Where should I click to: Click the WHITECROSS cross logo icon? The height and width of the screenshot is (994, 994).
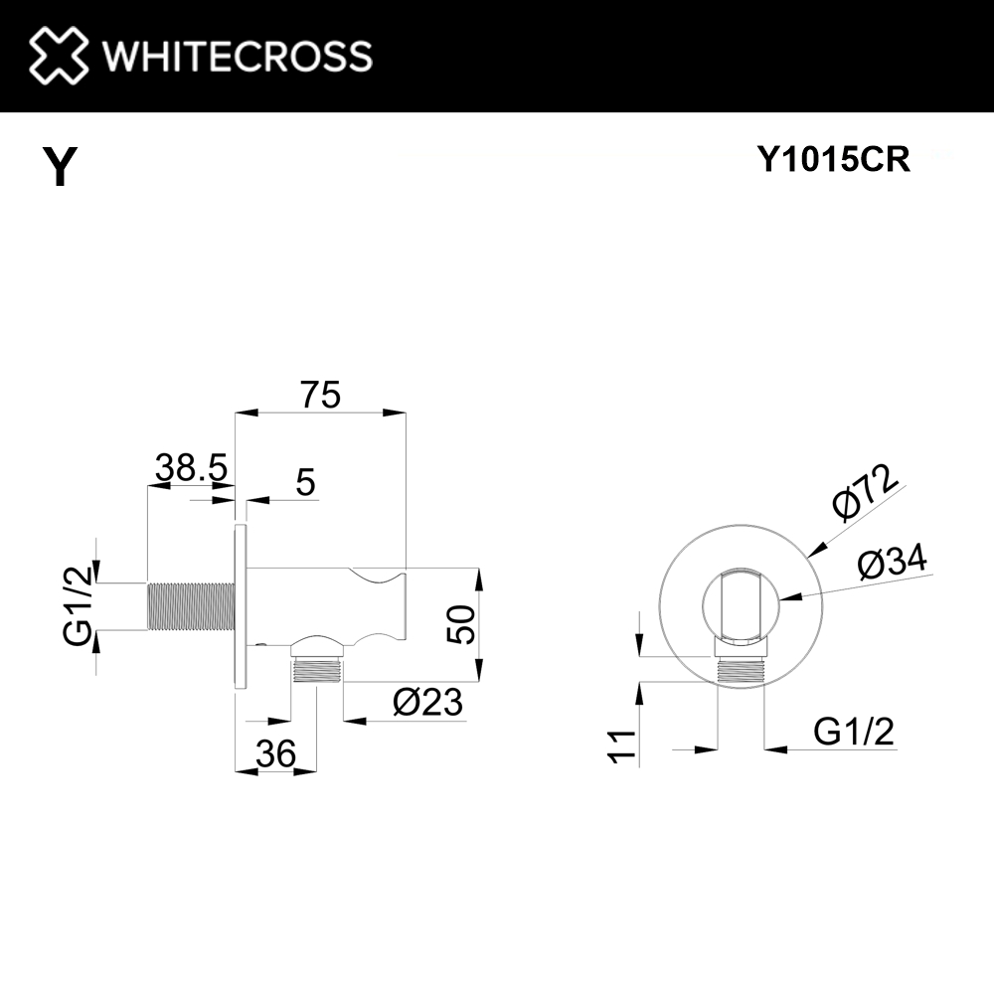coord(59,55)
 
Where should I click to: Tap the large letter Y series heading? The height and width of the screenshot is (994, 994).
coord(60,167)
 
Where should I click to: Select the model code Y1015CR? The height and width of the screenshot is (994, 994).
coord(834,160)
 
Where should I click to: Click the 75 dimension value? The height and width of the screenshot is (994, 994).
coord(321,395)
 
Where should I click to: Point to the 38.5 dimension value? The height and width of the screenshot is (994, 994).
coord(191,466)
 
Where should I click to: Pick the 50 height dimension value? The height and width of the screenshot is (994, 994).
coord(464,624)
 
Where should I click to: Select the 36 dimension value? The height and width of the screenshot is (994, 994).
coord(275,754)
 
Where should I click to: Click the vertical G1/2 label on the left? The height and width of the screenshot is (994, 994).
coord(78,606)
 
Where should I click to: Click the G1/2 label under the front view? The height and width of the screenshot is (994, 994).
coord(854,733)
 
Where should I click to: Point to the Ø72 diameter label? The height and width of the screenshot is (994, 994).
coord(865,492)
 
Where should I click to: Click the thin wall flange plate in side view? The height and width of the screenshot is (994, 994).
coord(240,606)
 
